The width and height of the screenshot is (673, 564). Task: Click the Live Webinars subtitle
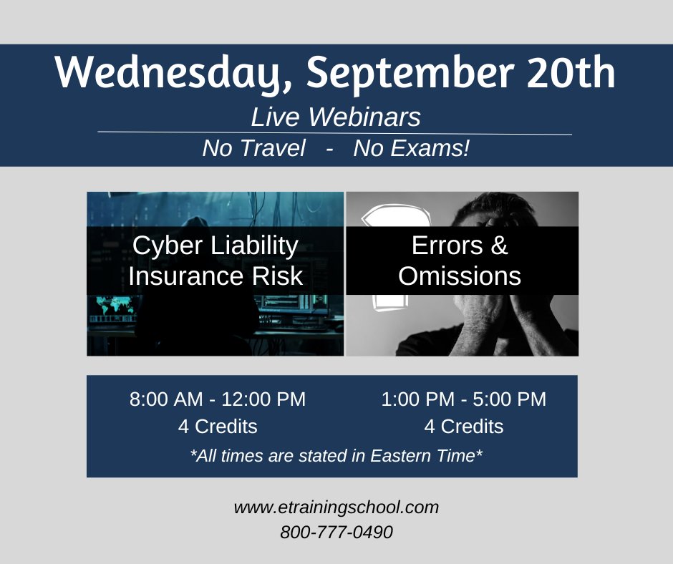[336, 117]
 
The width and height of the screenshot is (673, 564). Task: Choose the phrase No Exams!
[411, 149]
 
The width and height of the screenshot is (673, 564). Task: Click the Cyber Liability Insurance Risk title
[216, 261]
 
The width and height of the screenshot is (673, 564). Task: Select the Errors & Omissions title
[460, 261]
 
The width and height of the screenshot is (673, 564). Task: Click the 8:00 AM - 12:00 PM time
[218, 399]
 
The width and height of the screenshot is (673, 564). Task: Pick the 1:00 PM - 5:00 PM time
[463, 399]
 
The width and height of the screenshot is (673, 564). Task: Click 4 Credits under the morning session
[218, 427]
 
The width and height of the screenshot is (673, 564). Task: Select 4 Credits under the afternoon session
[463, 427]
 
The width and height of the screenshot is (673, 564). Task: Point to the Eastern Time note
[336, 455]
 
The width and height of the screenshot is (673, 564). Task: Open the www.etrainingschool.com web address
[336, 507]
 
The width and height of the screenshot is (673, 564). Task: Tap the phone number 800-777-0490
[336, 533]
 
